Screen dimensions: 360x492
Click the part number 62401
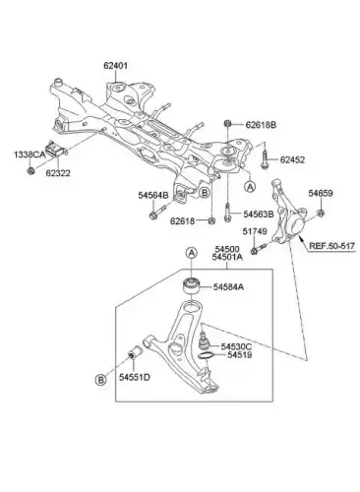pyautogui.click(x=116, y=66)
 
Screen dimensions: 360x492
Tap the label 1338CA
pyautogui.click(x=30, y=154)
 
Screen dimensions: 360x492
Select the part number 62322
pyautogui.click(x=58, y=173)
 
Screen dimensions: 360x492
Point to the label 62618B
pyautogui.click(x=261, y=125)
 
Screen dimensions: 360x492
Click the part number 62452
pyautogui.click(x=292, y=159)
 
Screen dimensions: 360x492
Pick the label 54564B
pyautogui.click(x=153, y=195)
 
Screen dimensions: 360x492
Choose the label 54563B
pyautogui.click(x=259, y=215)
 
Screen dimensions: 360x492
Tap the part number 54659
pyautogui.click(x=321, y=194)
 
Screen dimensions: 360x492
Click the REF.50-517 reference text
pyautogui.click(x=332, y=246)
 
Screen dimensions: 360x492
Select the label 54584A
pyautogui.click(x=228, y=287)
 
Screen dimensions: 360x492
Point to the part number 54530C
pyautogui.click(x=236, y=346)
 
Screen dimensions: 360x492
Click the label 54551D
pyautogui.click(x=134, y=377)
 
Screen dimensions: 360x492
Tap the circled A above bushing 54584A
pyautogui.click(x=192, y=253)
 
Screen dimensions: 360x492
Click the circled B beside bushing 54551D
pyautogui.click(x=100, y=380)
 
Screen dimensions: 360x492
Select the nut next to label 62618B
pyautogui.click(x=227, y=124)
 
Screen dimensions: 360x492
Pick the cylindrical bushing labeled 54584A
pyautogui.click(x=191, y=286)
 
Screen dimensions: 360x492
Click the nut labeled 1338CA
pyautogui.click(x=30, y=170)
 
